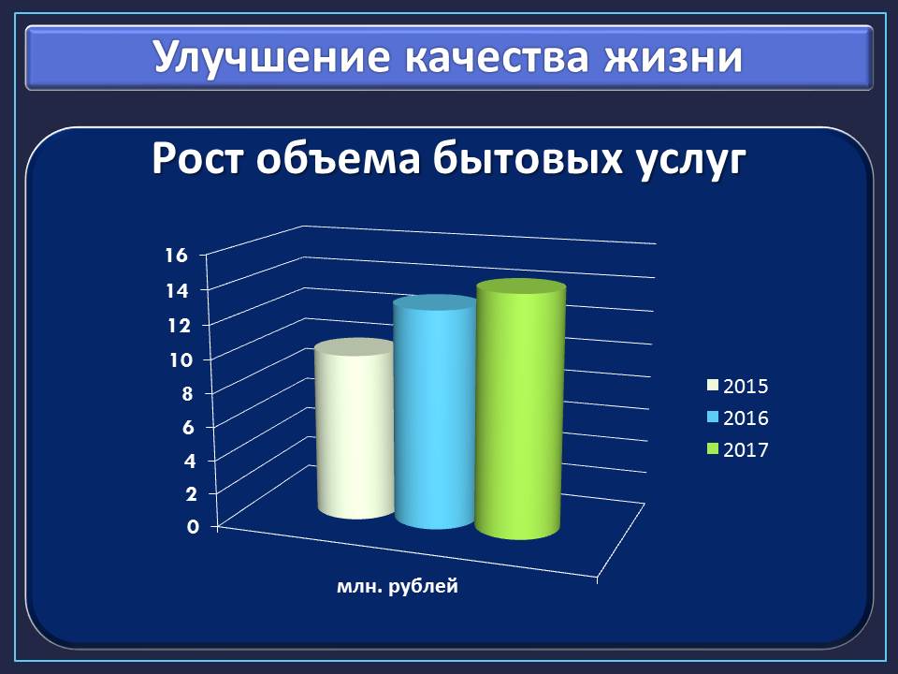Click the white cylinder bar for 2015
coord(355,429)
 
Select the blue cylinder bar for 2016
coord(435,412)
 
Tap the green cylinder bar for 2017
coord(521,409)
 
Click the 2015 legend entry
coord(738,386)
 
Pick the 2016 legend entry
coord(738,418)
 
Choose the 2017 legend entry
coord(738,450)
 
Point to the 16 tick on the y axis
coord(177,255)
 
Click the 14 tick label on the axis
coord(177,291)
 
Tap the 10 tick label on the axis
coord(181,359)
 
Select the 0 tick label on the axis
coord(194,526)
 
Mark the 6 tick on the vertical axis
coord(188,428)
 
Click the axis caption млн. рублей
coord(398,587)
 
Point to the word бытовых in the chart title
coord(527,159)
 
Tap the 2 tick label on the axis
coord(191,494)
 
